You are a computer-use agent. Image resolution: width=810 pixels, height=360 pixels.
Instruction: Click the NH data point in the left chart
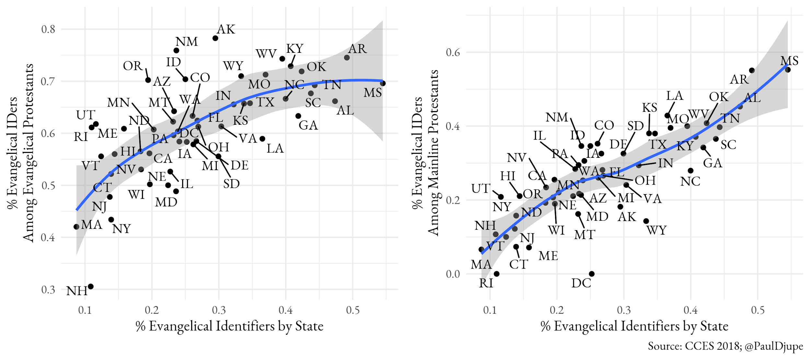point(91,286)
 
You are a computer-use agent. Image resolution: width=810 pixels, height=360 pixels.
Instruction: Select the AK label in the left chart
point(226,29)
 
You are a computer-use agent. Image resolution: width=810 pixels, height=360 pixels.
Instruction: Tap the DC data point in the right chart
point(592,274)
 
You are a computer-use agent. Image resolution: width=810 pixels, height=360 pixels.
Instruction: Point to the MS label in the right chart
point(789,61)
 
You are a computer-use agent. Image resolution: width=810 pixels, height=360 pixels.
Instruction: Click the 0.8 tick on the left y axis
point(48,29)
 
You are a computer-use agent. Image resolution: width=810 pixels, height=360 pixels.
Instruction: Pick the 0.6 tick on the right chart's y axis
point(453,52)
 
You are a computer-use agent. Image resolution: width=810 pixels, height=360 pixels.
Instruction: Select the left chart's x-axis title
point(229,326)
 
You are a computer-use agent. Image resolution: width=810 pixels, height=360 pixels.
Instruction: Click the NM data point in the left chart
point(176,51)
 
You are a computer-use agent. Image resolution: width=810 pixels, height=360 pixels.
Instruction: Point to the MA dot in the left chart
point(76,227)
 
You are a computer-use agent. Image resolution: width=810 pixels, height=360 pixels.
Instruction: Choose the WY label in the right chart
point(656,230)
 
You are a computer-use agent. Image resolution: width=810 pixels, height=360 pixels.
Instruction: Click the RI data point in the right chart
point(496,274)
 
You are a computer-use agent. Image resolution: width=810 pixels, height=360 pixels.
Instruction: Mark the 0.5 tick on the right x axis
point(758,310)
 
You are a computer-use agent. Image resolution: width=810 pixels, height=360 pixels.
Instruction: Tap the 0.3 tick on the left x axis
point(219,310)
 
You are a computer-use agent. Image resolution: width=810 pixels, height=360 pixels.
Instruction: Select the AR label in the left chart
point(358,49)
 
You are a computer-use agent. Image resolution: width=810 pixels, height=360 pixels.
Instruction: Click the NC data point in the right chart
point(690,170)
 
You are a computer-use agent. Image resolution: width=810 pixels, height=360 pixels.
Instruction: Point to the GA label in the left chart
point(308,125)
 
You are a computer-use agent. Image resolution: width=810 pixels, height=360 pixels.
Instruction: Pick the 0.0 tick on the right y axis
point(453,274)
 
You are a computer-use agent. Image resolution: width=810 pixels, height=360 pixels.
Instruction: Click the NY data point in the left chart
point(111,220)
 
